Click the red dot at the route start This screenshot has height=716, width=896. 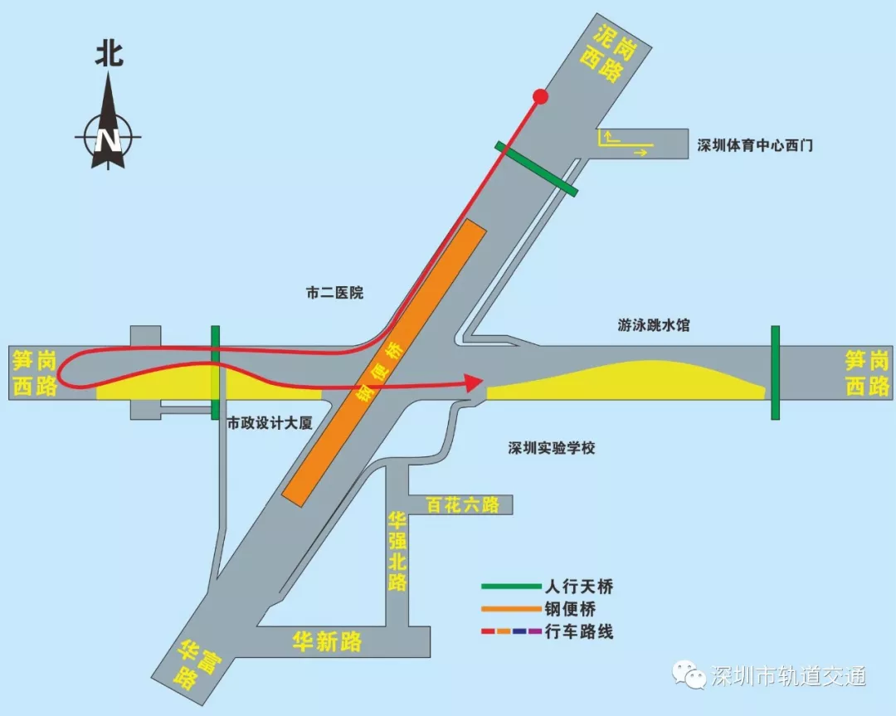coord(541,97)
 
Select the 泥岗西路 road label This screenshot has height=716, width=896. coord(615,53)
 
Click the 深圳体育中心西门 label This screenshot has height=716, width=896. coord(754,145)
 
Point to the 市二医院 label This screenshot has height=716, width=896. coord(334,293)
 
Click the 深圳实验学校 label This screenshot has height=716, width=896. coord(552,448)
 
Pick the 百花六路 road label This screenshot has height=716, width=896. coord(462,504)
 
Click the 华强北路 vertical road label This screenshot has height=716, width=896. coord(398,552)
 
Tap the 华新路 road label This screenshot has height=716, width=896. coord(327,641)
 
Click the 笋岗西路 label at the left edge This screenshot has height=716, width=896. coord(35,373)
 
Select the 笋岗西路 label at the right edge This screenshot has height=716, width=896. coord(867,373)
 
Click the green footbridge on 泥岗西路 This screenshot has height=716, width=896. coord(537,168)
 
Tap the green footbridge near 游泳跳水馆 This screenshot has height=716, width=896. coord(776,373)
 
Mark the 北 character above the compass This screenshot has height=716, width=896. coord(109,55)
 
